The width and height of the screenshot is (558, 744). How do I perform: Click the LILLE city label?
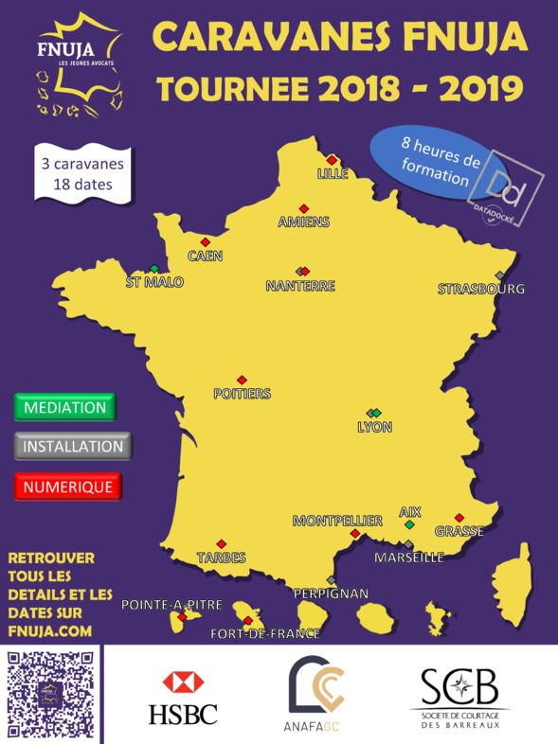333,174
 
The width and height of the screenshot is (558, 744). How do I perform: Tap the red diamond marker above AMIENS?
304,208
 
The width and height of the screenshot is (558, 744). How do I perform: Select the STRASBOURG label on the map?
481,289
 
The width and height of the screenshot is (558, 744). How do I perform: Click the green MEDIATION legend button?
64,408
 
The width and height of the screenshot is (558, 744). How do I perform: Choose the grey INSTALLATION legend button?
73,447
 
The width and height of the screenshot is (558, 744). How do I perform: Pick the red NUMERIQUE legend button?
68,487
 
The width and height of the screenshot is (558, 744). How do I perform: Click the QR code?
50,695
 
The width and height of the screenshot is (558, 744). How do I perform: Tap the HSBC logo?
183,698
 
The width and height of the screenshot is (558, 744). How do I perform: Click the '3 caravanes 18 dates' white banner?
82,173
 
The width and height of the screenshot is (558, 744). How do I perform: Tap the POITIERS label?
242,394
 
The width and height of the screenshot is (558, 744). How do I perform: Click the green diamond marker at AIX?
409,524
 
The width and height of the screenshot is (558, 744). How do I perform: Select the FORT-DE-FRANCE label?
265,634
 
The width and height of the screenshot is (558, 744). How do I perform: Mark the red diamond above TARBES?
222,543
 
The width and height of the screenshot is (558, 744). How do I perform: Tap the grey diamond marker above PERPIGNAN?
331,580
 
